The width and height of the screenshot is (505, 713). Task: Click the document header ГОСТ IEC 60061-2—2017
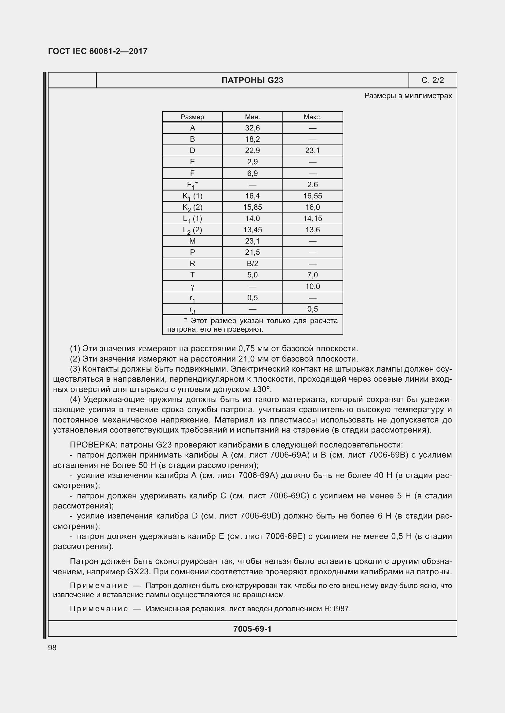(98, 51)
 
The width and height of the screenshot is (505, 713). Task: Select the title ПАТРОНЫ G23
(252, 80)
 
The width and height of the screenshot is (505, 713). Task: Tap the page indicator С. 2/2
(433, 80)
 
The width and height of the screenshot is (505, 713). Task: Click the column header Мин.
(252, 117)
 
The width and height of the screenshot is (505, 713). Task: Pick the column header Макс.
(312, 117)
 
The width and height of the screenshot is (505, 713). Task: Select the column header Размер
(192, 117)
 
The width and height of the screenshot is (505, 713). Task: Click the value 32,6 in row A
(252, 128)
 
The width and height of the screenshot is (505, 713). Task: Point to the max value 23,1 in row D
(312, 151)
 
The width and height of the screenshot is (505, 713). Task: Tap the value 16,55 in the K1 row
(313, 196)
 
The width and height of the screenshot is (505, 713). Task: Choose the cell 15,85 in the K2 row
(252, 207)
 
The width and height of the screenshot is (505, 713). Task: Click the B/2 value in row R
(252, 264)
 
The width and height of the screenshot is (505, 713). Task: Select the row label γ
(192, 287)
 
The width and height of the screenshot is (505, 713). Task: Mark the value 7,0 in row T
(312, 275)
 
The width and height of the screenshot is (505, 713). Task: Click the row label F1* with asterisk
(192, 185)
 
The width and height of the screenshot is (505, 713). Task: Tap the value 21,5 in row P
(252, 252)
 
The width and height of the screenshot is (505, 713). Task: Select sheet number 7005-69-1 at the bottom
(252, 629)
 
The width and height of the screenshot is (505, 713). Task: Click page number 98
(52, 647)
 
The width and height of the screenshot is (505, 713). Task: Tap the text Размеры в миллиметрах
(408, 96)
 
